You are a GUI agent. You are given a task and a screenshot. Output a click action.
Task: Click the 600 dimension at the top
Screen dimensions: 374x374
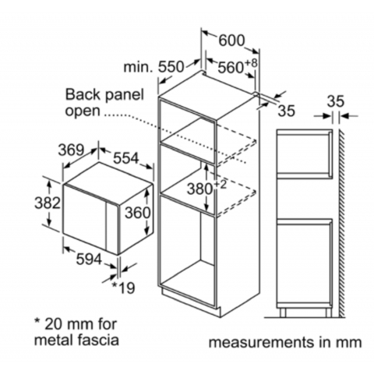click(231, 41)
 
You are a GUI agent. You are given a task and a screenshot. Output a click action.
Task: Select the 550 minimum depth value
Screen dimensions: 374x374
click(171, 67)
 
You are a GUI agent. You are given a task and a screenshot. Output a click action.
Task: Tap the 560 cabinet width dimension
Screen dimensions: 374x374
click(231, 68)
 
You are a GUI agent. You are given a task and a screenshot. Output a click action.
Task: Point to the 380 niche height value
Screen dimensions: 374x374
click(200, 189)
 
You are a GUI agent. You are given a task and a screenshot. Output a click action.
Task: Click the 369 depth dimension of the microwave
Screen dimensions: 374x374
click(71, 150)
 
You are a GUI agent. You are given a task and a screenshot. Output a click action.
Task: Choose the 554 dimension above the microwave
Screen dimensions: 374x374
click(126, 157)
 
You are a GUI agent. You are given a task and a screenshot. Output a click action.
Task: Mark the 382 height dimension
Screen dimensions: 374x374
click(48, 203)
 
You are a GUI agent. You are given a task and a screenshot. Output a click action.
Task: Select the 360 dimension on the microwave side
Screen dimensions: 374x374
click(138, 213)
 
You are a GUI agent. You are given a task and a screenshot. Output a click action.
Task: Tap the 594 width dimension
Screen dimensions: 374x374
click(89, 259)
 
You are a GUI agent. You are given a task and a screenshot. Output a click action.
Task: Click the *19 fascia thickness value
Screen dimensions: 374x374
click(123, 288)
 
